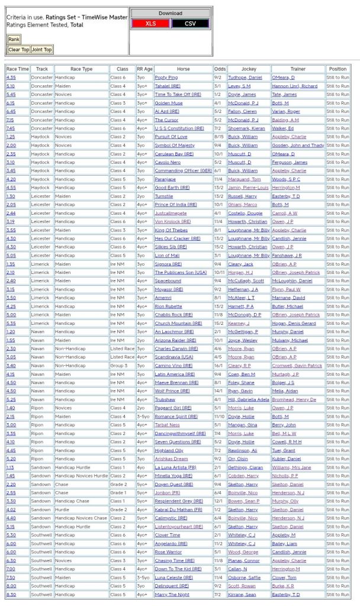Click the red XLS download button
[151, 23]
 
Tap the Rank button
[14, 39]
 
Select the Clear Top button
[18, 50]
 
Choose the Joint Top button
[41, 50]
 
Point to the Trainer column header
[298, 69]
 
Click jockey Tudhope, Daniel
[245, 78]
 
